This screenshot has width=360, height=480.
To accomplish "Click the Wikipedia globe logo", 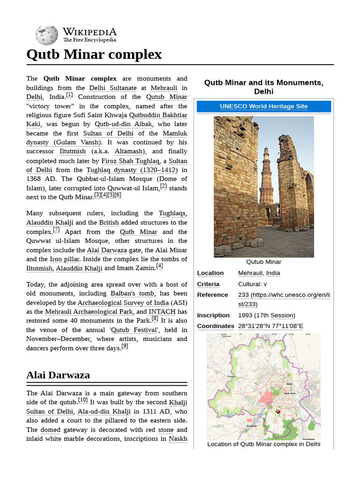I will (46, 35).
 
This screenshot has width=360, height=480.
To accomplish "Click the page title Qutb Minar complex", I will (94, 54).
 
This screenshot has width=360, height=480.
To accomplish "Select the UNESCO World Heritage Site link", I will (263, 106).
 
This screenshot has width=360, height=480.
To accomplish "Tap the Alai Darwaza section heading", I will (58, 375).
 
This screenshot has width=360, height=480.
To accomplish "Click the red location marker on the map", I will (278, 412).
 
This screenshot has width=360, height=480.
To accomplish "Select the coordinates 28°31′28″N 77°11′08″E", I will (270, 326).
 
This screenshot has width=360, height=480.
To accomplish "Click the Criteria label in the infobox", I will (208, 284).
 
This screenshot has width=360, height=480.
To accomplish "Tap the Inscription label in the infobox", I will (213, 315).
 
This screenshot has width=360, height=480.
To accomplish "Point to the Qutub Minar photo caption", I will (263, 262).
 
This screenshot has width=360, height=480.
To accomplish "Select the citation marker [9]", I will (125, 346).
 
